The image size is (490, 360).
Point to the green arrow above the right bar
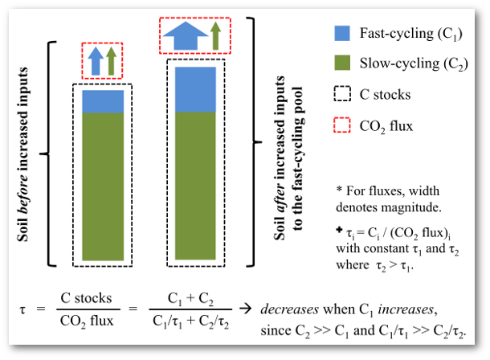point(215,35)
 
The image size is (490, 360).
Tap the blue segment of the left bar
point(103,101)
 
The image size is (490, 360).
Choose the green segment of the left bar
point(103,185)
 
